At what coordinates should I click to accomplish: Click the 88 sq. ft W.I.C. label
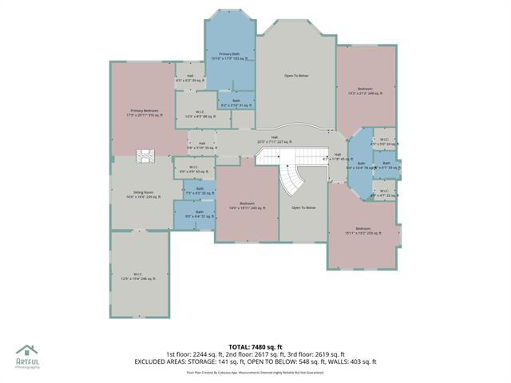[200, 115]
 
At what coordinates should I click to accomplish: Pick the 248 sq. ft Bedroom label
[365, 90]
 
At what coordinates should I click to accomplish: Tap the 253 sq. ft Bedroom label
[363, 231]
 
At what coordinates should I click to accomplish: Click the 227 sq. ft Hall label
[274, 139]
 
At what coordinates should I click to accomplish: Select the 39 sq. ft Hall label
[189, 77]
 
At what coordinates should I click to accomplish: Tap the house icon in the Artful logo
[26, 349]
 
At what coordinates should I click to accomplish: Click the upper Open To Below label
[296, 76]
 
